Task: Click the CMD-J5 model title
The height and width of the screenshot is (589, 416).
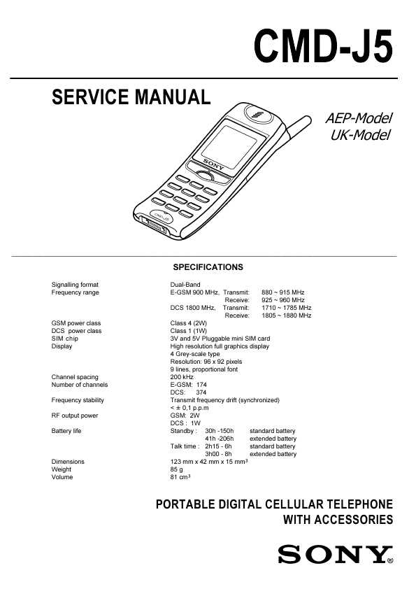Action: click(323, 47)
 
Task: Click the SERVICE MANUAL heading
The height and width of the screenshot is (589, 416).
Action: click(131, 97)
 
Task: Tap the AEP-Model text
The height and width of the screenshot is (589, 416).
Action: click(359, 118)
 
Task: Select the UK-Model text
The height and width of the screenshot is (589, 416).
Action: click(361, 135)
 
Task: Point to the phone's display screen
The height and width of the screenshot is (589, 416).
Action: click(229, 147)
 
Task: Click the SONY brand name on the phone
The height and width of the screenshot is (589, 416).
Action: click(213, 164)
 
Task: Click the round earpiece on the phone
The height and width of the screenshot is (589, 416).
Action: click(259, 114)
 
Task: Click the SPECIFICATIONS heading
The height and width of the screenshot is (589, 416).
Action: click(208, 267)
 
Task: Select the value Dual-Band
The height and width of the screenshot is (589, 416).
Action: click(185, 285)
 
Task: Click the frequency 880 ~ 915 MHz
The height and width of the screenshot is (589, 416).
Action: click(283, 292)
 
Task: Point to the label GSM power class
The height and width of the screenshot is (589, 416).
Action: click(76, 323)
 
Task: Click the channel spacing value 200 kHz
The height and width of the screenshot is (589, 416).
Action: click(182, 377)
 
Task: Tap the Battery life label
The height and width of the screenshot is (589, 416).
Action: click(66, 431)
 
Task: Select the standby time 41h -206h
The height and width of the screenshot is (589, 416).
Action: click(220, 439)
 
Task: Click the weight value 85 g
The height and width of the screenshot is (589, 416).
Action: click(176, 469)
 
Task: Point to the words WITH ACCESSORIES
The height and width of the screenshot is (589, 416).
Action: click(338, 520)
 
